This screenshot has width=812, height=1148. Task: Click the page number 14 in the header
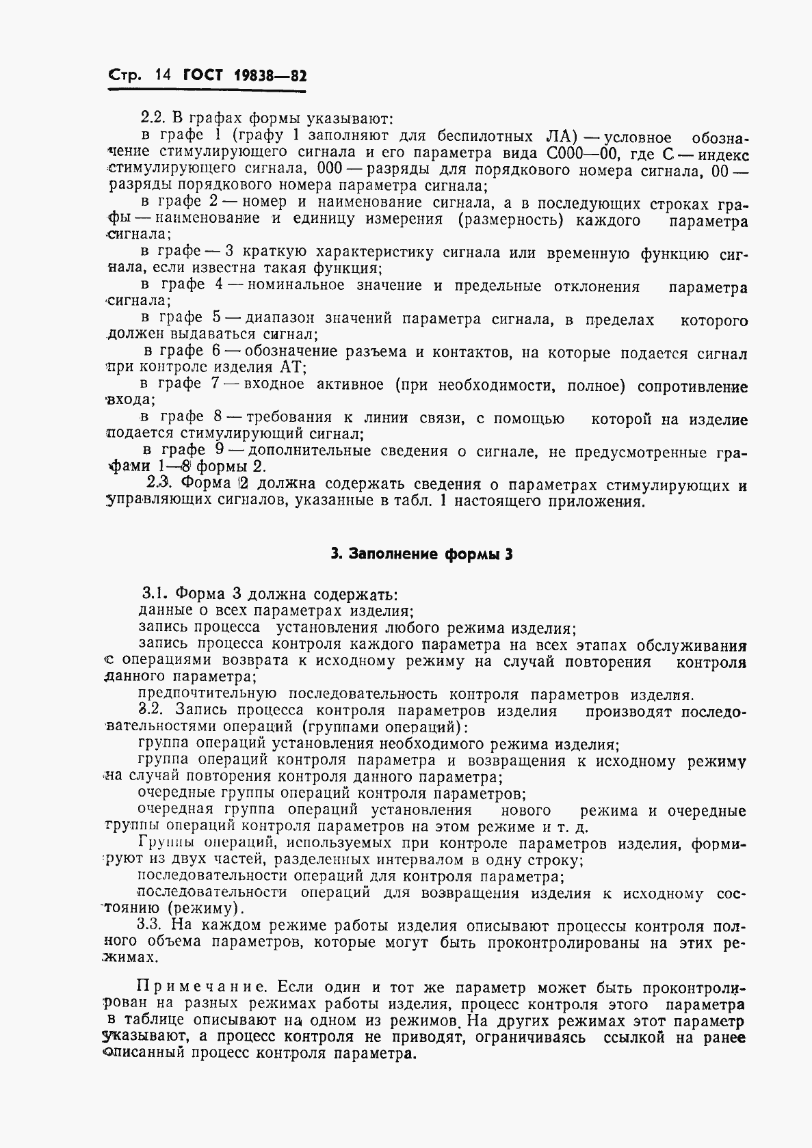[161, 75]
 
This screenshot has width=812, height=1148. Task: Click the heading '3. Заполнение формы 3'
[421, 555]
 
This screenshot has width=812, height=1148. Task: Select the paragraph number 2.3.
[159, 484]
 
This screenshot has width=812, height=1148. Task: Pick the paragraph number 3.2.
[153, 711]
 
